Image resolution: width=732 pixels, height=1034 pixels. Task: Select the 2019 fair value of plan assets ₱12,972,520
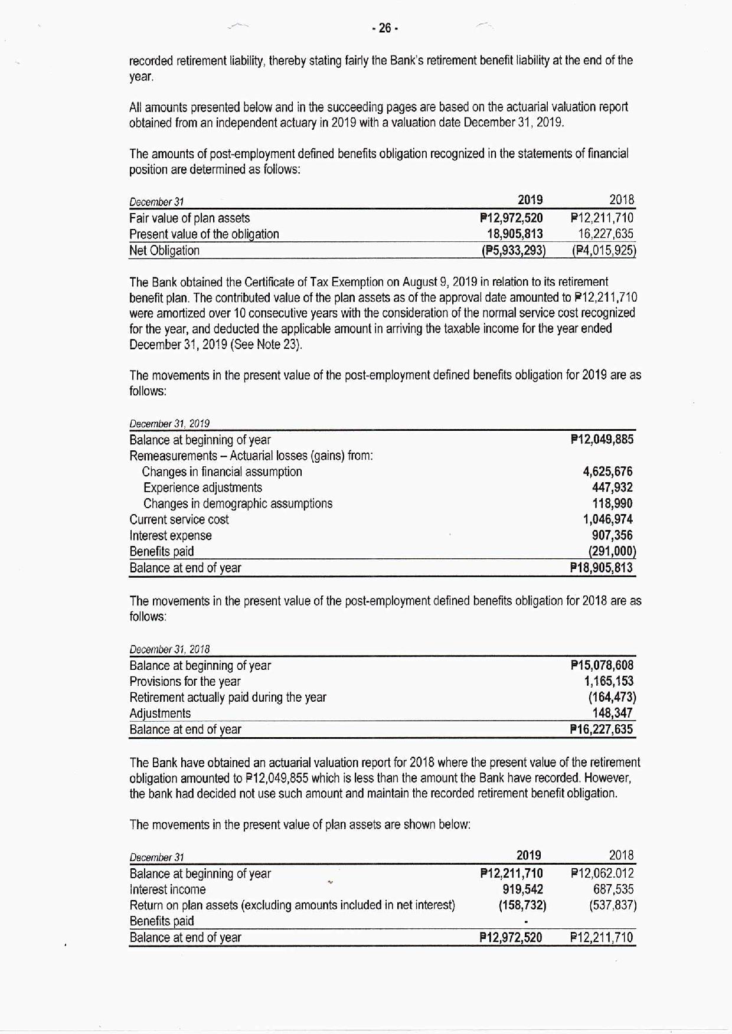[x=512, y=218]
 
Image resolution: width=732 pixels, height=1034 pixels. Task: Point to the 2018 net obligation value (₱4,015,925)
[x=603, y=250]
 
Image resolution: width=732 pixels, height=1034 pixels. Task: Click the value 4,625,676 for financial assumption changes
[x=607, y=472]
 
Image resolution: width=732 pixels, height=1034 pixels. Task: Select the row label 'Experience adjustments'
[x=202, y=487]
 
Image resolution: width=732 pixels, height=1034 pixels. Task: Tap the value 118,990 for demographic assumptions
[x=612, y=503]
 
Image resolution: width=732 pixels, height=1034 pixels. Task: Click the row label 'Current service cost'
[x=179, y=519]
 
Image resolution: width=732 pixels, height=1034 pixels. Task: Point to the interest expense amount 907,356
[x=612, y=535]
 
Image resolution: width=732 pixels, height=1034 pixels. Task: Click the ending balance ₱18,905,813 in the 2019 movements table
[x=602, y=568]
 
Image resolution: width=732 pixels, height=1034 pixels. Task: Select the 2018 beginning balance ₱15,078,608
[x=602, y=666]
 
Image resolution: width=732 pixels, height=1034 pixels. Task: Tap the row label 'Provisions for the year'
[x=185, y=682]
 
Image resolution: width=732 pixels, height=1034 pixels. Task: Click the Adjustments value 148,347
[x=612, y=713]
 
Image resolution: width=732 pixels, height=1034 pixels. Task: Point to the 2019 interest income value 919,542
[x=522, y=889]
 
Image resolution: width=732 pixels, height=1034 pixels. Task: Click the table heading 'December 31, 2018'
[x=169, y=649]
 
